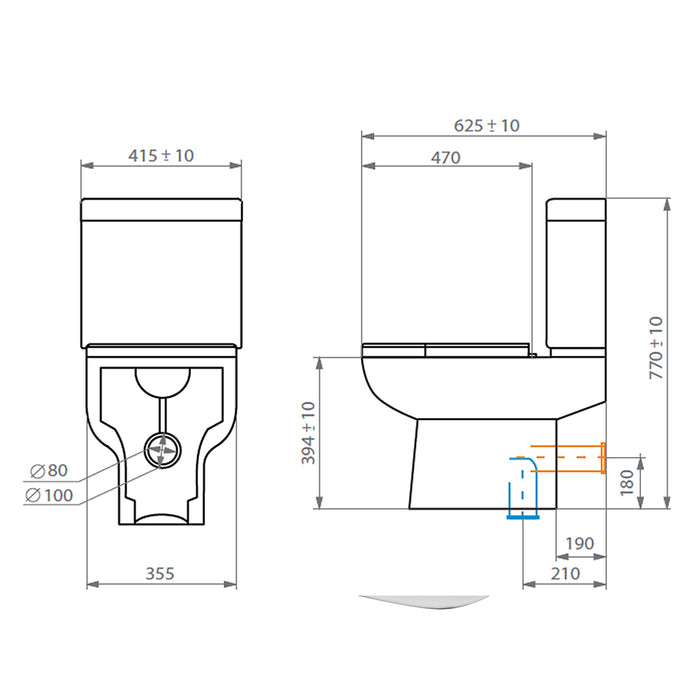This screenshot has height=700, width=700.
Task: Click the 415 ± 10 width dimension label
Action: [x=161, y=155]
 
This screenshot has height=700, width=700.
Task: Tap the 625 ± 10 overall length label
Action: [x=487, y=125]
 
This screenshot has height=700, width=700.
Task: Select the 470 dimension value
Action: [x=446, y=158]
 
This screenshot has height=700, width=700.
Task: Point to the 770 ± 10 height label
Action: [x=656, y=348]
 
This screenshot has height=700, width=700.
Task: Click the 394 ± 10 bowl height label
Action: [x=308, y=433]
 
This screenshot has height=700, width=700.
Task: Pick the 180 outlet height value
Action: [x=627, y=482]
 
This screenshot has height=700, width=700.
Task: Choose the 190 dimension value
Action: [x=580, y=543]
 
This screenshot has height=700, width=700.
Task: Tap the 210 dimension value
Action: [x=565, y=573]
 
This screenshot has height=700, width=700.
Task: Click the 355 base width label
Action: [x=160, y=573]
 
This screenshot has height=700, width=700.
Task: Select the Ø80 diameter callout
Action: [x=49, y=470]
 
